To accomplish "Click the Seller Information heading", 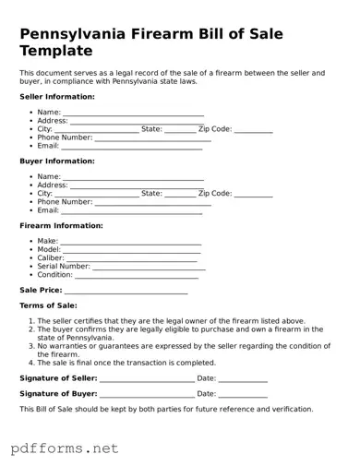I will coord(57,96).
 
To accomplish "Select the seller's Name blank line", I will coord(133,114).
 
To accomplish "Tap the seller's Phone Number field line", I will coord(152,139).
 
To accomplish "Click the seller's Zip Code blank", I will coord(253,131).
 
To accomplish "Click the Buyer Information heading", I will coord(57,161).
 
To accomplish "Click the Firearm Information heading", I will coord(61,225).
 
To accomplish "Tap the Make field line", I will coord(130,243).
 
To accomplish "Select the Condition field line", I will coord(137,276).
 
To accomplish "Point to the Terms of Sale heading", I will coord(48,305).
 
